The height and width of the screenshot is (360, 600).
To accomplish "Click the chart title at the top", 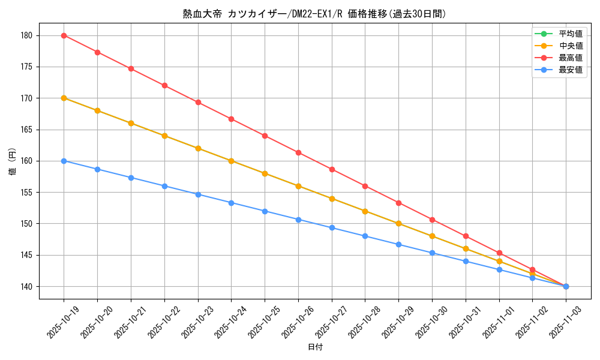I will pyautogui.click(x=314, y=13).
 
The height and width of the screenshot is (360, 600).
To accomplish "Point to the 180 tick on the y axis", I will pyautogui.click(x=28, y=35).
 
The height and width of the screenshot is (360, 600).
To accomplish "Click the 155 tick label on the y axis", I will pyautogui.click(x=28, y=193).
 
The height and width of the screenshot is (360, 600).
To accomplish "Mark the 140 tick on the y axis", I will pyautogui.click(x=28, y=286).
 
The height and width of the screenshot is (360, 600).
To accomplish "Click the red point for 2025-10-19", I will pyautogui.click(x=64, y=35).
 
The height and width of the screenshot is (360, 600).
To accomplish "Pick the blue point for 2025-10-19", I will pyautogui.click(x=64, y=161).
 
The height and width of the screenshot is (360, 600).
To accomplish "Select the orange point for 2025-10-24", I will pyautogui.click(x=231, y=161).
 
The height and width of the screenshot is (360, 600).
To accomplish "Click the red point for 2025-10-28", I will pyautogui.click(x=365, y=186).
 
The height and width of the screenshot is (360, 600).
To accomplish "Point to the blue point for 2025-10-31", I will pyautogui.click(x=466, y=261).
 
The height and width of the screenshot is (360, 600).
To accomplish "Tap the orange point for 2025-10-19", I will pyautogui.click(x=64, y=98).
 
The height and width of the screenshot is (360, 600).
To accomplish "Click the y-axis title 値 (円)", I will pyautogui.click(x=12, y=161).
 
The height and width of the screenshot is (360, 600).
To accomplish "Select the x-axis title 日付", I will pyautogui.click(x=315, y=347).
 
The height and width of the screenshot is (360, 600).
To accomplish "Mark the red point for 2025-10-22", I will pyautogui.click(x=164, y=85).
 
